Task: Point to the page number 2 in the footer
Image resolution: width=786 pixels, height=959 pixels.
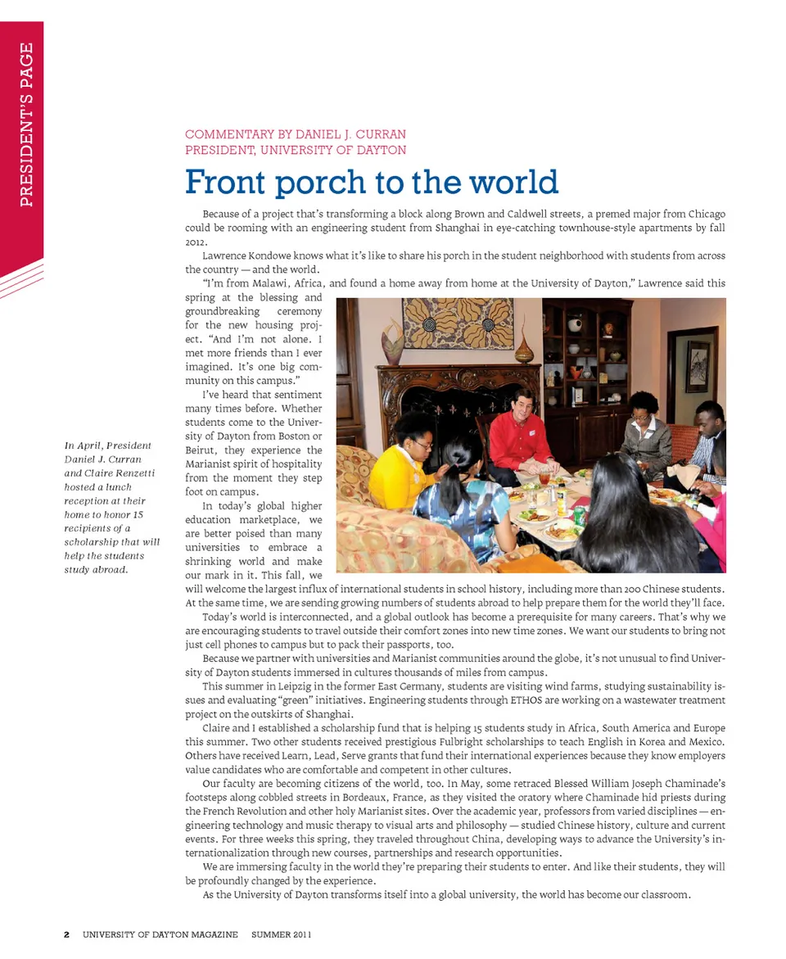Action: (67, 934)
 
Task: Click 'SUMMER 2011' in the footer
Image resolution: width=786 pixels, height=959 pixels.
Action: (281, 934)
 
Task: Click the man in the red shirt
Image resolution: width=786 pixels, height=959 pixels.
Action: (520, 434)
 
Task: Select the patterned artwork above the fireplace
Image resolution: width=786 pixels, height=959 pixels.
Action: (458, 323)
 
